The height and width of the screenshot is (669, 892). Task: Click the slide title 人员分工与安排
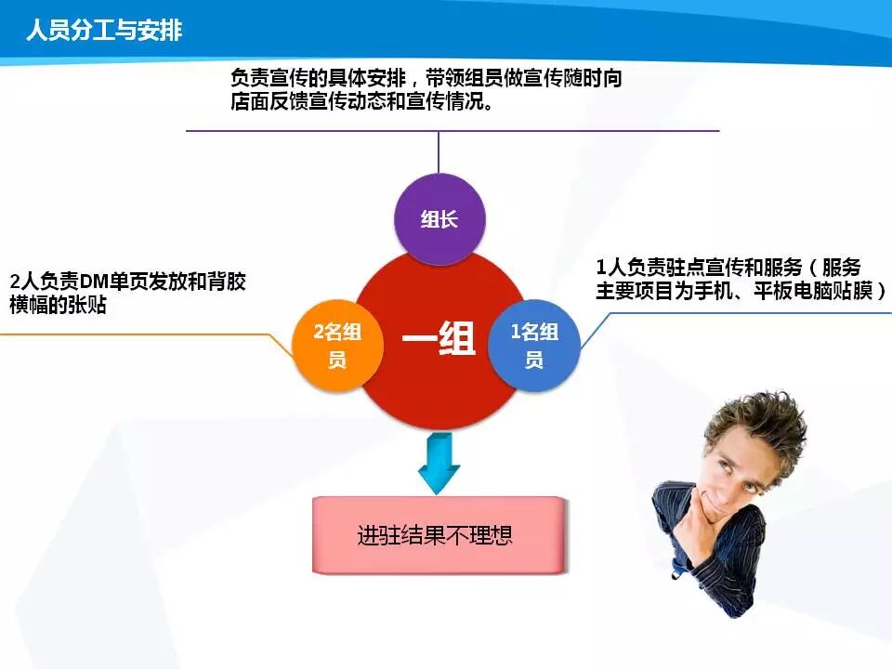104,30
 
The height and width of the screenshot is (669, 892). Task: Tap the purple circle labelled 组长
439,219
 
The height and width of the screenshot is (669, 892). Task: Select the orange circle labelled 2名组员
338,346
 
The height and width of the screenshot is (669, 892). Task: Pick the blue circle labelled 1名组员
534,346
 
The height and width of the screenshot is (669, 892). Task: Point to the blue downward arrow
439,463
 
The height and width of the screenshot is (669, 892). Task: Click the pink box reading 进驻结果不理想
439,535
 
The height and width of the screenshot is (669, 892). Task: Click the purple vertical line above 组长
439,151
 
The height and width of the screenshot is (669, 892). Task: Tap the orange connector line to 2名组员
147,334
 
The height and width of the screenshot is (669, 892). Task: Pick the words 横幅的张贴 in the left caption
58,305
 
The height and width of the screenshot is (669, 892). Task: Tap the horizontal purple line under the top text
453,131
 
